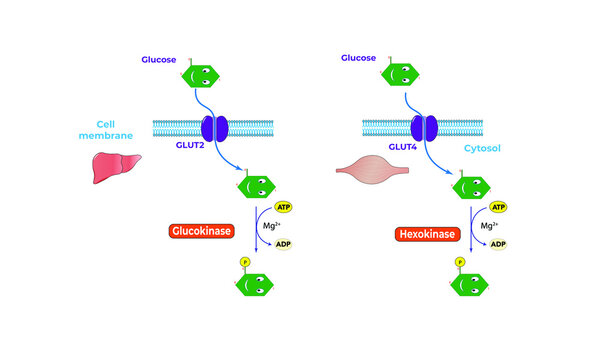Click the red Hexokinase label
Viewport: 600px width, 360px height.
pos(423,233)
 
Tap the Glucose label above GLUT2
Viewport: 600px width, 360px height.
pos(159,59)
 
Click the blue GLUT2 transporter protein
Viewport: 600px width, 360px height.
pos(215,128)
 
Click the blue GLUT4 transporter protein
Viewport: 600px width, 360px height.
pos(427,128)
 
